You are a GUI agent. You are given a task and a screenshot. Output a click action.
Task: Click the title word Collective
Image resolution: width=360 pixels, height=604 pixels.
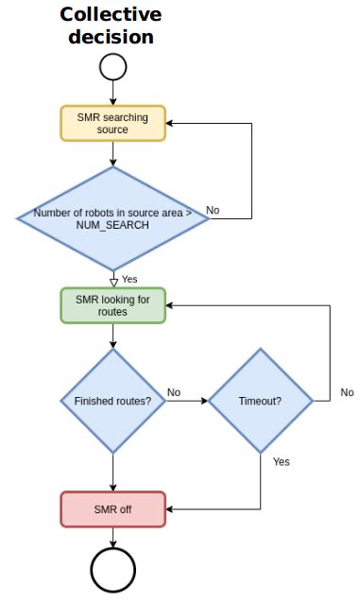pos(111,15)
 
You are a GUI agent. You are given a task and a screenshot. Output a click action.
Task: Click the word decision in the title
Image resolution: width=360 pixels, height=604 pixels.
pos(111,37)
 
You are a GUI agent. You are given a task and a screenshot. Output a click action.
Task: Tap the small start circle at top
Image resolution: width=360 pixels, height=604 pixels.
pos(112,66)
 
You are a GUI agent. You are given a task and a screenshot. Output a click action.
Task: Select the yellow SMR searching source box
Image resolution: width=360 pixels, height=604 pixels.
pos(112,123)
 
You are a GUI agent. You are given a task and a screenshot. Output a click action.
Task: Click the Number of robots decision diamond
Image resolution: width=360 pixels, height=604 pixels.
pos(112,218)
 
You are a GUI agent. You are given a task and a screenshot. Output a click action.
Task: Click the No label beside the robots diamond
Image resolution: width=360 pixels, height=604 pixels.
pos(213,210)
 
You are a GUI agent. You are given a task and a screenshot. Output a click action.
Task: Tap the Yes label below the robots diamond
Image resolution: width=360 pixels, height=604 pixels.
pos(129,280)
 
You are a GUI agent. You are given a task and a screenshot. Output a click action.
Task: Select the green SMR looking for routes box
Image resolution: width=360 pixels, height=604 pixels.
pos(112,305)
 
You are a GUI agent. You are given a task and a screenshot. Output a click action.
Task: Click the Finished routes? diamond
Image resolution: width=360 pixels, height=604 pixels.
pos(112,401)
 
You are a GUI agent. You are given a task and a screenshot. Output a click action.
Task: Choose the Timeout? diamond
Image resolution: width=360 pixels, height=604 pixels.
pos(260,401)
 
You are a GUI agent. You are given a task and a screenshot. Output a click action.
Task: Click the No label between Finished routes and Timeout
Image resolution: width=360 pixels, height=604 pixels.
pos(175,391)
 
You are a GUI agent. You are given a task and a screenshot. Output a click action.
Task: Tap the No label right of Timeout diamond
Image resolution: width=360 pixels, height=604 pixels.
pos(347,391)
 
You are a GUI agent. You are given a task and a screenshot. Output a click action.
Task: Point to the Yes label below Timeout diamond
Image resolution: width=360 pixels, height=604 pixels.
pos(281,461)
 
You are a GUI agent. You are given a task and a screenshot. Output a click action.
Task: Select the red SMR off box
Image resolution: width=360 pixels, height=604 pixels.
pos(112,509)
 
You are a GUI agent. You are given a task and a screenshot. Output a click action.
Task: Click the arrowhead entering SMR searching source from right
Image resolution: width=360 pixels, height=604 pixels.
pos(171,123)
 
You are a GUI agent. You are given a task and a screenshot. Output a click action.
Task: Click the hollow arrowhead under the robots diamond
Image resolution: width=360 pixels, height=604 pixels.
pos(112,281)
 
